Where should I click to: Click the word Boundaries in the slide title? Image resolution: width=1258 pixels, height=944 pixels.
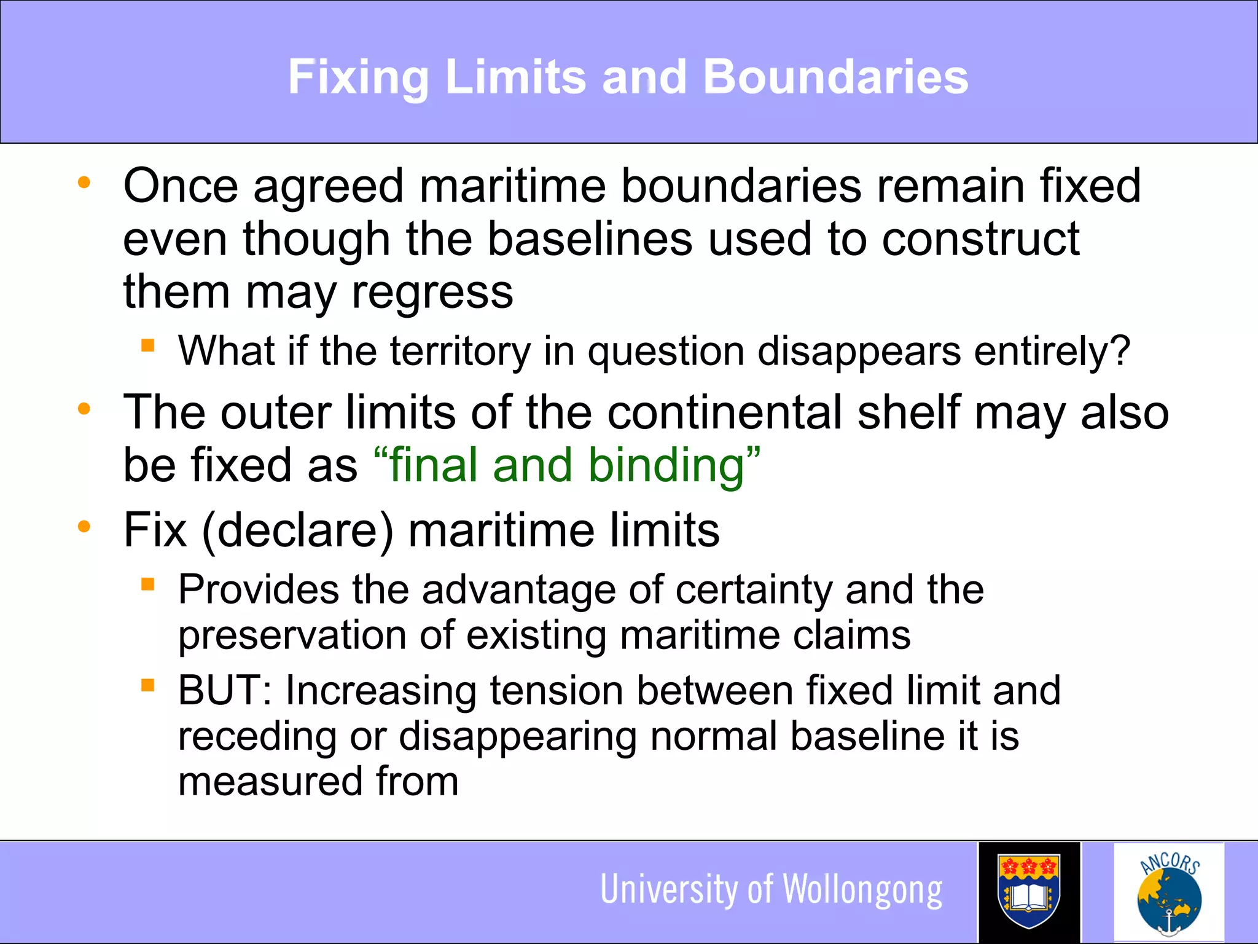point(835,77)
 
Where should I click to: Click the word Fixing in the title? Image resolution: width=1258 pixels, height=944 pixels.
point(358,77)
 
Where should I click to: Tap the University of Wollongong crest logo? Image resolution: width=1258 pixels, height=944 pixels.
point(1029,891)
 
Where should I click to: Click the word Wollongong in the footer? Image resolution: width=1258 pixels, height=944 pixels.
point(862,890)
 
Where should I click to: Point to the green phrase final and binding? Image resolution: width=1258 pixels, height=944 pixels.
point(566,465)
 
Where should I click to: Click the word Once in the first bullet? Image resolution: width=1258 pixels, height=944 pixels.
point(180,186)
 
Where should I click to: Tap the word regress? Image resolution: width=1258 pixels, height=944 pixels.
point(432,293)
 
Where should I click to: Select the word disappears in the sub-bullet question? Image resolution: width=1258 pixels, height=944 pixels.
point(859,351)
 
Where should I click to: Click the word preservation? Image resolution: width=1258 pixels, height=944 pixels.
point(292,635)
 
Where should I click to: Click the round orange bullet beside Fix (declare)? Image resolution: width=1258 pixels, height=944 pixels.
point(84,527)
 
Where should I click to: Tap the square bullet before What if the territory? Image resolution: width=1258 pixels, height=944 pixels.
point(147,345)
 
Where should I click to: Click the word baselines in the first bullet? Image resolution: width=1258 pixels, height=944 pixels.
point(590,239)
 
